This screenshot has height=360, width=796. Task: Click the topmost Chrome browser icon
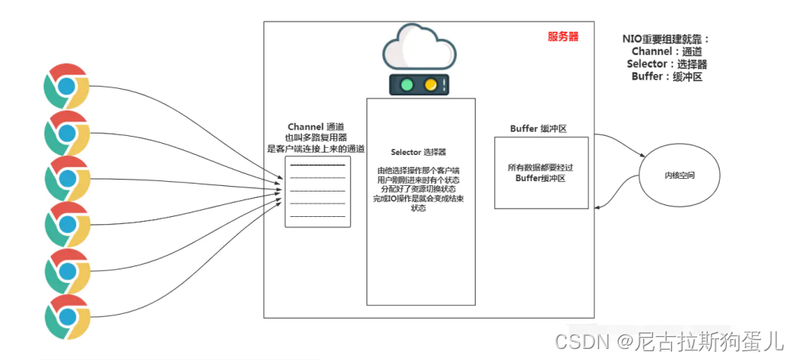coord(66,86)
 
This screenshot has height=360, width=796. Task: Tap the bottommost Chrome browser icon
coord(66,317)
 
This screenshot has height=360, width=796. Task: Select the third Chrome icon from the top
coord(66,178)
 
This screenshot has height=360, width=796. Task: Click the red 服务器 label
coord(562,37)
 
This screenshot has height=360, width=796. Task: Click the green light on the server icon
coord(408,84)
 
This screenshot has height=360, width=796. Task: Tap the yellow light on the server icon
coord(430,84)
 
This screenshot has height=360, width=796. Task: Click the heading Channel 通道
coord(316,127)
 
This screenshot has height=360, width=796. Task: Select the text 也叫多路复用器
coord(316,137)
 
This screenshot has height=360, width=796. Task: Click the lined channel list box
coord(318,192)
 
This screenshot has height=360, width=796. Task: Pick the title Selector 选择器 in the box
coord(419,152)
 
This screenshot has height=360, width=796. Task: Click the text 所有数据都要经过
coord(540,168)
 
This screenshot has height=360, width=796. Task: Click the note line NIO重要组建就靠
coord(666,39)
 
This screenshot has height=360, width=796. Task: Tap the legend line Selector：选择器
coord(667,64)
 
